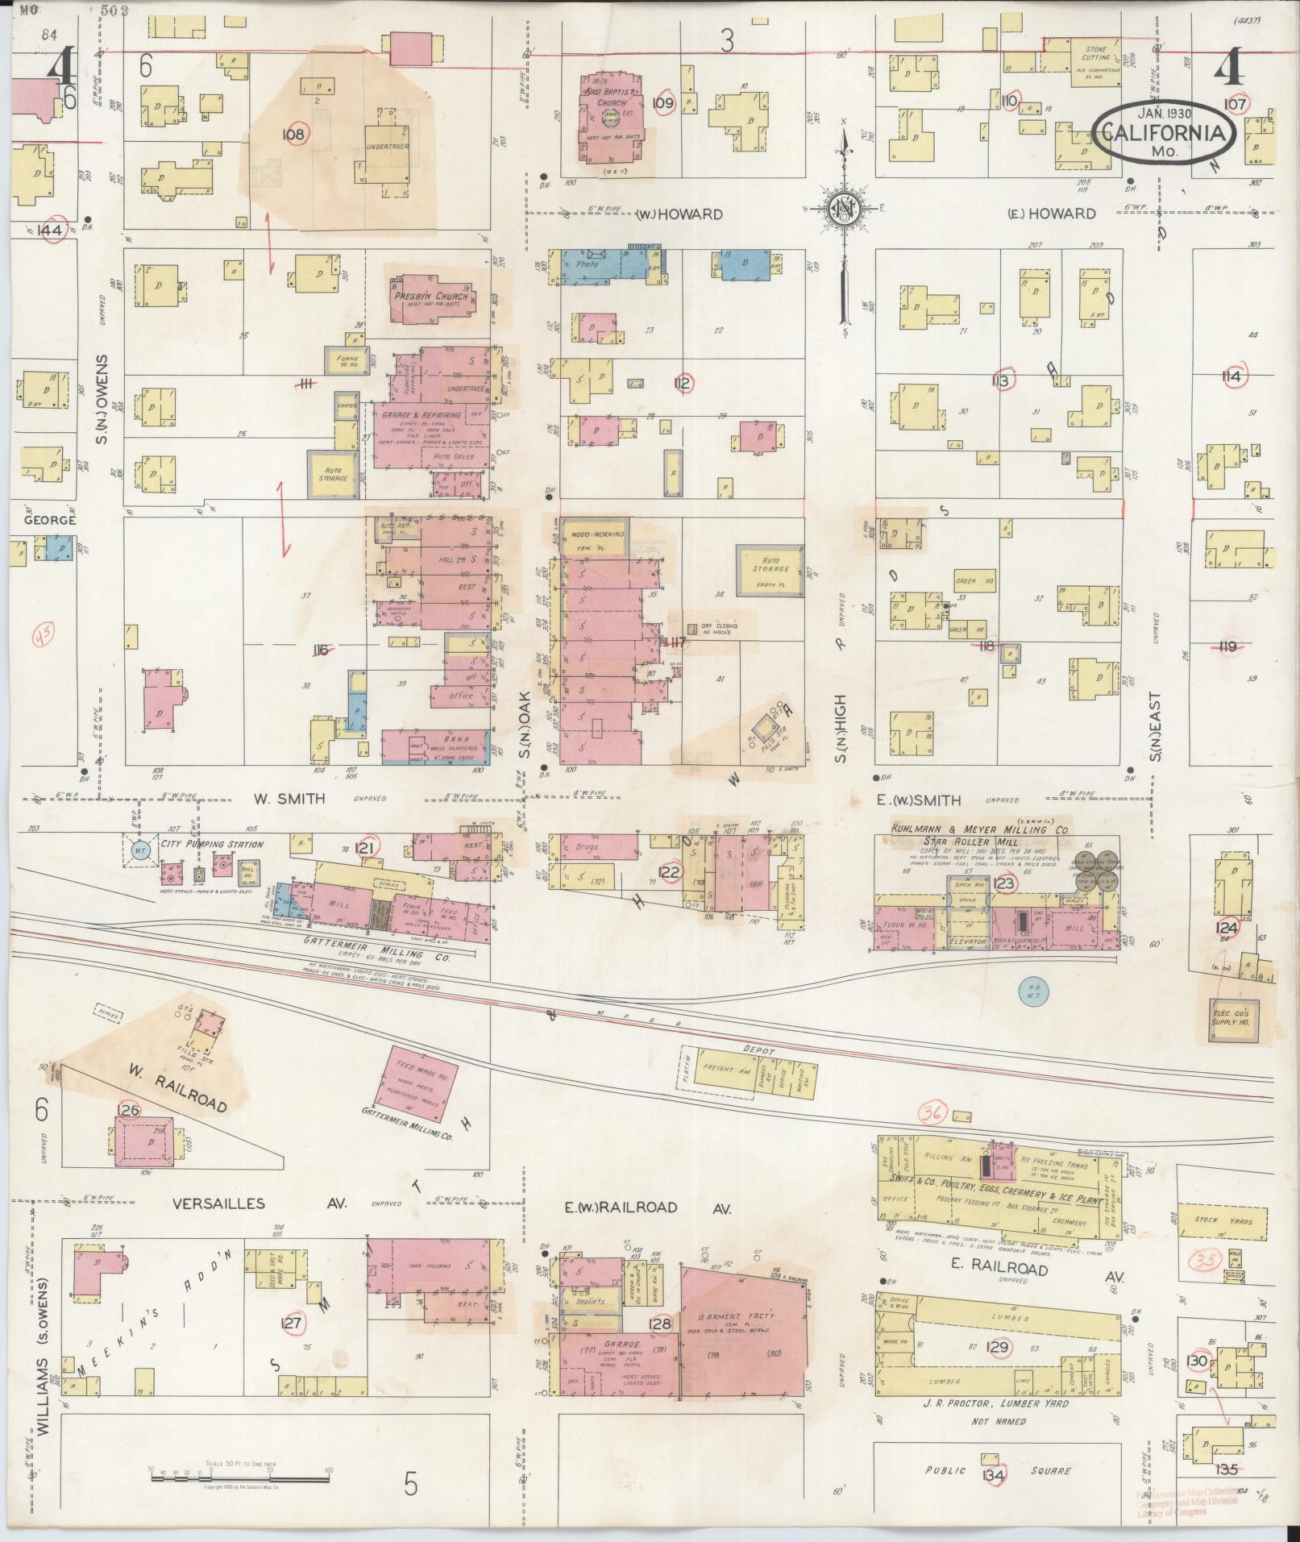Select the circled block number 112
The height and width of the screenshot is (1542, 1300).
click(x=683, y=383)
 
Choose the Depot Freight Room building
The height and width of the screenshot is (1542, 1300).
click(x=725, y=1069)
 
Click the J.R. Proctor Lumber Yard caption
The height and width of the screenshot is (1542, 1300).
click(x=998, y=1403)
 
